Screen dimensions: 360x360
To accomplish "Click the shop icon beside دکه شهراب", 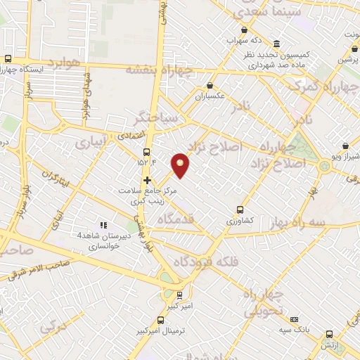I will pyautogui.click(x=244, y=30).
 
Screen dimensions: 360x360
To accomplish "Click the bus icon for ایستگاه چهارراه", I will pyautogui.click(x=8, y=59).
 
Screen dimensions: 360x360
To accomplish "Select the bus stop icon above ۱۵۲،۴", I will pyautogui.click(x=146, y=152).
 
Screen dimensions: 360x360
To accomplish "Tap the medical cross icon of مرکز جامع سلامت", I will pyautogui.click(x=146, y=180).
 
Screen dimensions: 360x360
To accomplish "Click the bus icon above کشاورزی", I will pyautogui.click(x=240, y=209).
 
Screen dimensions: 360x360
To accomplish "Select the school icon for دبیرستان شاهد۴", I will pyautogui.click(x=103, y=225).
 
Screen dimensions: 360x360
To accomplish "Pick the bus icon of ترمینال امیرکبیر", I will pyautogui.click(x=179, y=296).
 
